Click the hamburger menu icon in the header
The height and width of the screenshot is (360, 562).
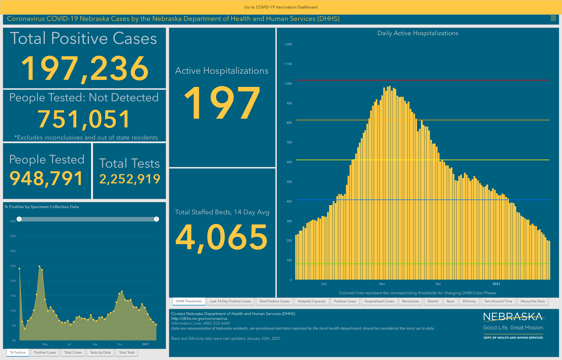(553, 18)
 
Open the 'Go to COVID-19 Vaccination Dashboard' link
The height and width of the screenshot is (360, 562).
(281, 7)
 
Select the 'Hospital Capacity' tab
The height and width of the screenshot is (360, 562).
(312, 301)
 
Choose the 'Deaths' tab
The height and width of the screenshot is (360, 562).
(433, 301)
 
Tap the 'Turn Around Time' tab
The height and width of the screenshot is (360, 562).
(498, 301)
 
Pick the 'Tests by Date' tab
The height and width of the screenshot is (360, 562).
(100, 352)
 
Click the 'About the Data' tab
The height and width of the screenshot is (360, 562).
(532, 301)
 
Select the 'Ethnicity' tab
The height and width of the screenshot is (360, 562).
(469, 301)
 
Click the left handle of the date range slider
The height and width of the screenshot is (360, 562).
(19, 219)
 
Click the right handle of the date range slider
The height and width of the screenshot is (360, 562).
(157, 219)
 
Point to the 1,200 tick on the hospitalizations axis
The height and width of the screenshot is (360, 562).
(288, 44)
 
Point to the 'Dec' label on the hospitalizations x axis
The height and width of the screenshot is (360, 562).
(438, 284)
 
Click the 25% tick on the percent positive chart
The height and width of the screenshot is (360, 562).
(13, 266)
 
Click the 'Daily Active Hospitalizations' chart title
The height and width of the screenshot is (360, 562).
(418, 33)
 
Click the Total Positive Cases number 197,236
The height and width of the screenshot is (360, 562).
(85, 69)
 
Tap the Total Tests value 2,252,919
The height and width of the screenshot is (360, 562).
(130, 179)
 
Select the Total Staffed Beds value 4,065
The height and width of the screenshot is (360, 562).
(221, 237)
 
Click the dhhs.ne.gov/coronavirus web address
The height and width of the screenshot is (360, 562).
(199, 318)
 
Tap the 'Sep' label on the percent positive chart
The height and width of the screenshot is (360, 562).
(95, 344)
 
